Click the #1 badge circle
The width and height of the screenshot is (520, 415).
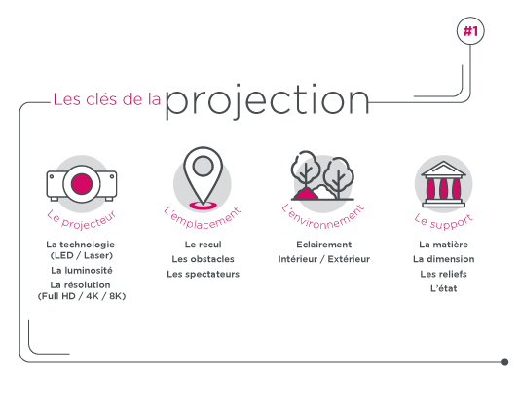coord(470,31)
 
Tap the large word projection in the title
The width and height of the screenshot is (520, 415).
coord(267,101)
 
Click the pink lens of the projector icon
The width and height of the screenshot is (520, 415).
coord(82,184)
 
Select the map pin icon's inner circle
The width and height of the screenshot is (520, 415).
coord(203,166)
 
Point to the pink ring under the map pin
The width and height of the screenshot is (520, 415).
coord(203,206)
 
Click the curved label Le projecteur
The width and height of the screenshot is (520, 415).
coord(82,220)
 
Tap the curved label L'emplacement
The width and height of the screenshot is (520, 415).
coord(203,219)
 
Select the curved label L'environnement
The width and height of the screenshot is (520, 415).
coord(323,218)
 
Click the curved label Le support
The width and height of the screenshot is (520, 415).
coord(444,222)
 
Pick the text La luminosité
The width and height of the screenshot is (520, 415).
coord(82,271)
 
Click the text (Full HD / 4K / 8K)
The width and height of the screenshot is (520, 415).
coord(82,296)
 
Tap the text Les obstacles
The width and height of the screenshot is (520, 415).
coord(203,259)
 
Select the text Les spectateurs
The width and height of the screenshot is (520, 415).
coord(203,274)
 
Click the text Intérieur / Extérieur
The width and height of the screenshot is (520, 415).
coord(324,259)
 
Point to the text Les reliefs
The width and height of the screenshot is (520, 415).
coord(444,274)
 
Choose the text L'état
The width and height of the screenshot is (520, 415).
coord(444,288)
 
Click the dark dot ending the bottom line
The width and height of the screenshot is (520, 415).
coord(504,362)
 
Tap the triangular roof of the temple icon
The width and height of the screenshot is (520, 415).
coord(444,169)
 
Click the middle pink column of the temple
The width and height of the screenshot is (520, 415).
coord(444,188)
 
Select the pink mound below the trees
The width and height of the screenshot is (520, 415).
coord(305,194)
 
